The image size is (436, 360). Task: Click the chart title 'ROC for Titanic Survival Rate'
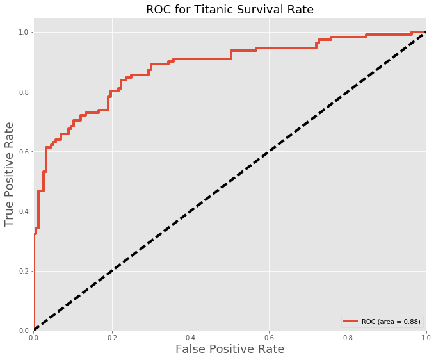[230, 10]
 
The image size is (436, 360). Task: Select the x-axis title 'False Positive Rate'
[230, 349]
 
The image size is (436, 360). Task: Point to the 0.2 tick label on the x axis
[112, 337]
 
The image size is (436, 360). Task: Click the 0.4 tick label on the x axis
[191, 337]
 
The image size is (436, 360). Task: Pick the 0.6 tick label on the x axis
[269, 337]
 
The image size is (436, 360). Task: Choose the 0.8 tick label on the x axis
[348, 337]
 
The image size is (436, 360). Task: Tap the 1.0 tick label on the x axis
[426, 337]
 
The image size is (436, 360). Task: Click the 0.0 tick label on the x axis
[34, 337]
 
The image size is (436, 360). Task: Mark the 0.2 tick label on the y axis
[24, 271]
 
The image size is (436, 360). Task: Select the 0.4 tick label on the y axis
[24, 211]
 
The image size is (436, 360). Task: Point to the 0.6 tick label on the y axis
[24, 152]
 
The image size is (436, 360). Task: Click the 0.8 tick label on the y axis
[24, 92]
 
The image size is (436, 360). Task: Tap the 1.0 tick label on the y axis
[24, 32]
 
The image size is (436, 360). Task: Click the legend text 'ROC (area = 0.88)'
[391, 322]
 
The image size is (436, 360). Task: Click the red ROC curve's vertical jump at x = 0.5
[230, 54]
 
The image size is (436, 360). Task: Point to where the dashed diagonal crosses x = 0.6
[269, 152]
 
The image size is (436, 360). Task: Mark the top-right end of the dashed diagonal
[425, 33]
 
